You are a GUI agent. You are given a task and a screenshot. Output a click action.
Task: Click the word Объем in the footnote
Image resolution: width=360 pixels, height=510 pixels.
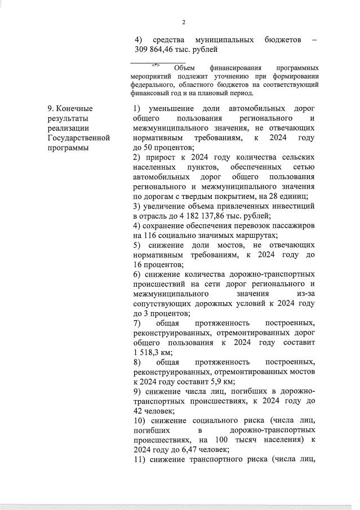[186, 68]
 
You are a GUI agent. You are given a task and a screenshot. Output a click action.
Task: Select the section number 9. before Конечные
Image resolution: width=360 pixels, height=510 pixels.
[51, 108]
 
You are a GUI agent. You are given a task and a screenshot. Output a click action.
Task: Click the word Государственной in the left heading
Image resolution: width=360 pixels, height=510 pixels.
[79, 138]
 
